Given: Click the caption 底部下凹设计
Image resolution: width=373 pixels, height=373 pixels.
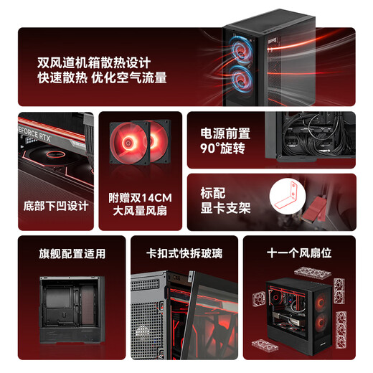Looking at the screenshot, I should (55, 206).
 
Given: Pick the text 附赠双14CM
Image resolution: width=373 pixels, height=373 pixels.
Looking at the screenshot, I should (140, 197).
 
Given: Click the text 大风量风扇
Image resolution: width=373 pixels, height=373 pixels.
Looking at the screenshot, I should (140, 212).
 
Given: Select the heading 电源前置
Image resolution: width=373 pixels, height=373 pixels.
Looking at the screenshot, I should (225, 133).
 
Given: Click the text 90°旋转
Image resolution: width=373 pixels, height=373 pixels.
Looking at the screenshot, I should (222, 150).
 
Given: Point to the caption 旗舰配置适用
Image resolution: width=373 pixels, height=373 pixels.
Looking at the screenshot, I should (72, 253).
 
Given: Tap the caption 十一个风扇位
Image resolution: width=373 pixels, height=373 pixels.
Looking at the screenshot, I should (297, 253).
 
